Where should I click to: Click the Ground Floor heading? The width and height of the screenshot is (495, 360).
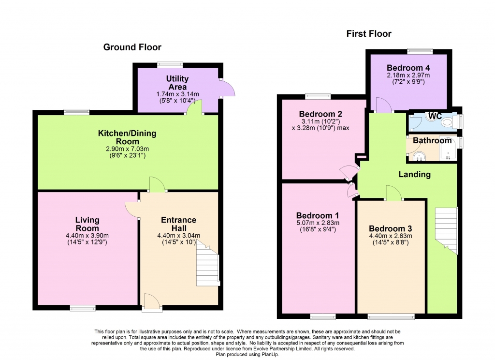(x=132, y=47)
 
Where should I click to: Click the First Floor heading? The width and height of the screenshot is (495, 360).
(x=369, y=34)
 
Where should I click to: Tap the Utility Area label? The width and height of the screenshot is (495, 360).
(x=177, y=82)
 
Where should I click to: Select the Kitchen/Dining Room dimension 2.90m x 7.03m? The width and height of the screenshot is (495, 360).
(x=127, y=149)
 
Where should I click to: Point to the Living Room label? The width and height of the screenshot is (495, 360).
(x=87, y=224)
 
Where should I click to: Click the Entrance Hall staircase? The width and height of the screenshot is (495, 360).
(x=207, y=265)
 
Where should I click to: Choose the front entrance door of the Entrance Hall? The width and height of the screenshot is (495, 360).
(x=152, y=301)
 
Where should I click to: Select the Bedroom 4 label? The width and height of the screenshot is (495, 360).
(x=408, y=68)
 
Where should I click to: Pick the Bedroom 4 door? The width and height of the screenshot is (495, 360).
(x=383, y=105)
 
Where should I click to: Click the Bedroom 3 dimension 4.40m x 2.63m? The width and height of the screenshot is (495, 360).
(x=391, y=236)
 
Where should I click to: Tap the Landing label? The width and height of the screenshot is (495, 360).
(x=414, y=175)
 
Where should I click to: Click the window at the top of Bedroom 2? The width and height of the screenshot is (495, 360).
(x=318, y=96)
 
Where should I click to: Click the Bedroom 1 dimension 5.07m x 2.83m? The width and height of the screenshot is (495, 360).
(x=318, y=223)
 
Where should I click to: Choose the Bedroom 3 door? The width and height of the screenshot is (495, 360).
(x=393, y=193)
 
